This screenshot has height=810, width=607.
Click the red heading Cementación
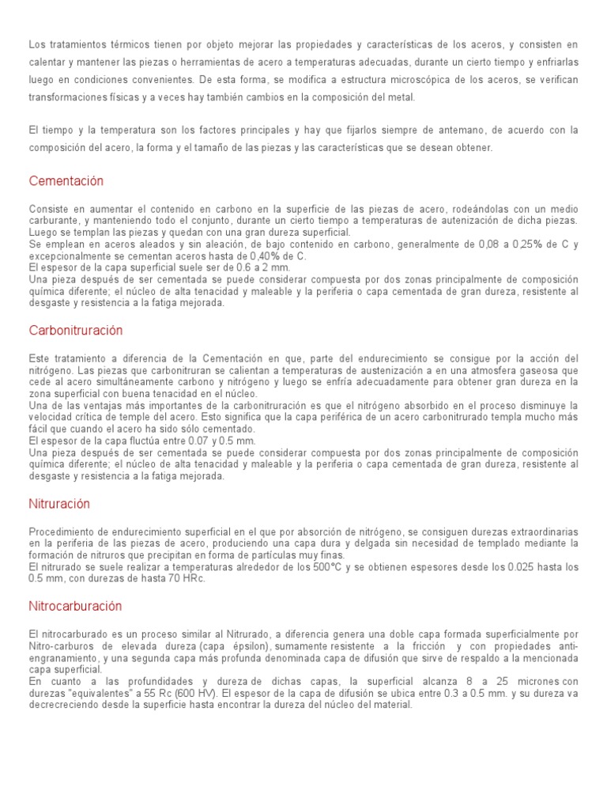(x=66, y=181)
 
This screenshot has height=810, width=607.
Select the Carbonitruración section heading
(x=76, y=330)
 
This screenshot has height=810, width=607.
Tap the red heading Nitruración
(x=59, y=503)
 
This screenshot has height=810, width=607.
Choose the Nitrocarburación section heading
(x=75, y=606)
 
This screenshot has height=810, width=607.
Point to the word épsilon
(x=247, y=646)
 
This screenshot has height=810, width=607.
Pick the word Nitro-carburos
(x=62, y=646)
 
